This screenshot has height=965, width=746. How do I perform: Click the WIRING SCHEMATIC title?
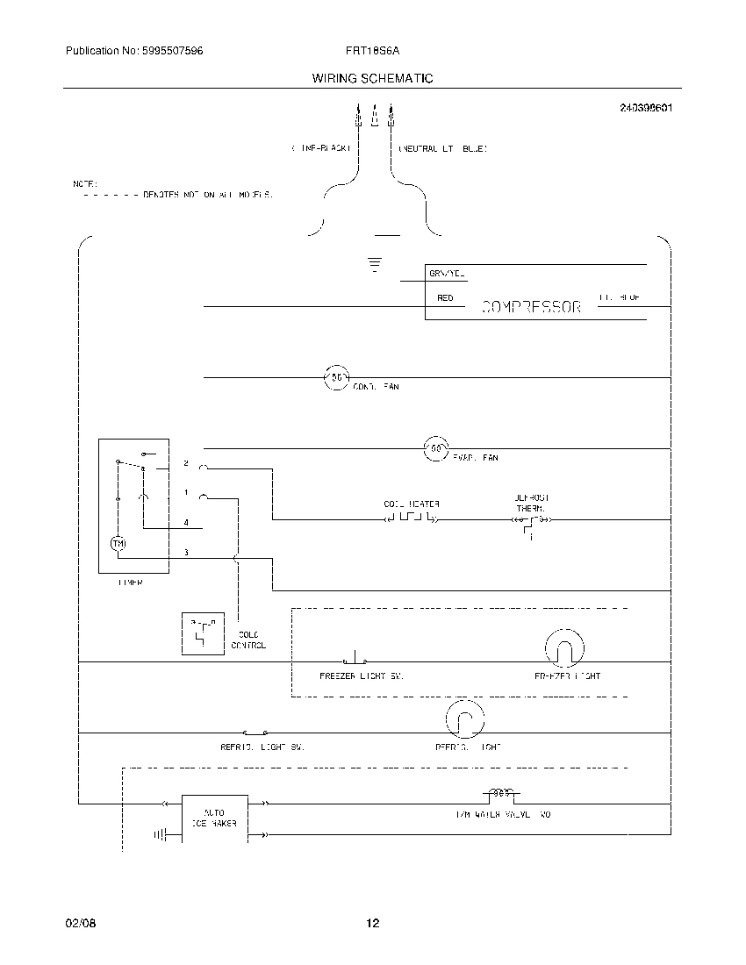click(x=372, y=78)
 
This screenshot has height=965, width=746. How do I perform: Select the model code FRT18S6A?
click(x=372, y=52)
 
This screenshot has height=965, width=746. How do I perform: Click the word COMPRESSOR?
click(x=532, y=308)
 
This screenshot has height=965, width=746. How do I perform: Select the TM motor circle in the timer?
click(x=118, y=544)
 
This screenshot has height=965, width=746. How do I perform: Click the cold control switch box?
click(x=204, y=633)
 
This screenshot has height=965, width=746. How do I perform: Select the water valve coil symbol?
click(x=500, y=794)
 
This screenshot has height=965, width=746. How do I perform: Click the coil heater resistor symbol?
click(x=412, y=519)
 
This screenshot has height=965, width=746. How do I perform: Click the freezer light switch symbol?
click(x=355, y=660)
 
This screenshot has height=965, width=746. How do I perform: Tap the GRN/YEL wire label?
click(x=446, y=274)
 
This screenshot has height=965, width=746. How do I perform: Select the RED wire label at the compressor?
click(x=445, y=298)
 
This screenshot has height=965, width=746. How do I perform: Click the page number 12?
click(x=372, y=923)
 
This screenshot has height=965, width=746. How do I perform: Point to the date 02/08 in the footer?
click(x=77, y=923)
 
